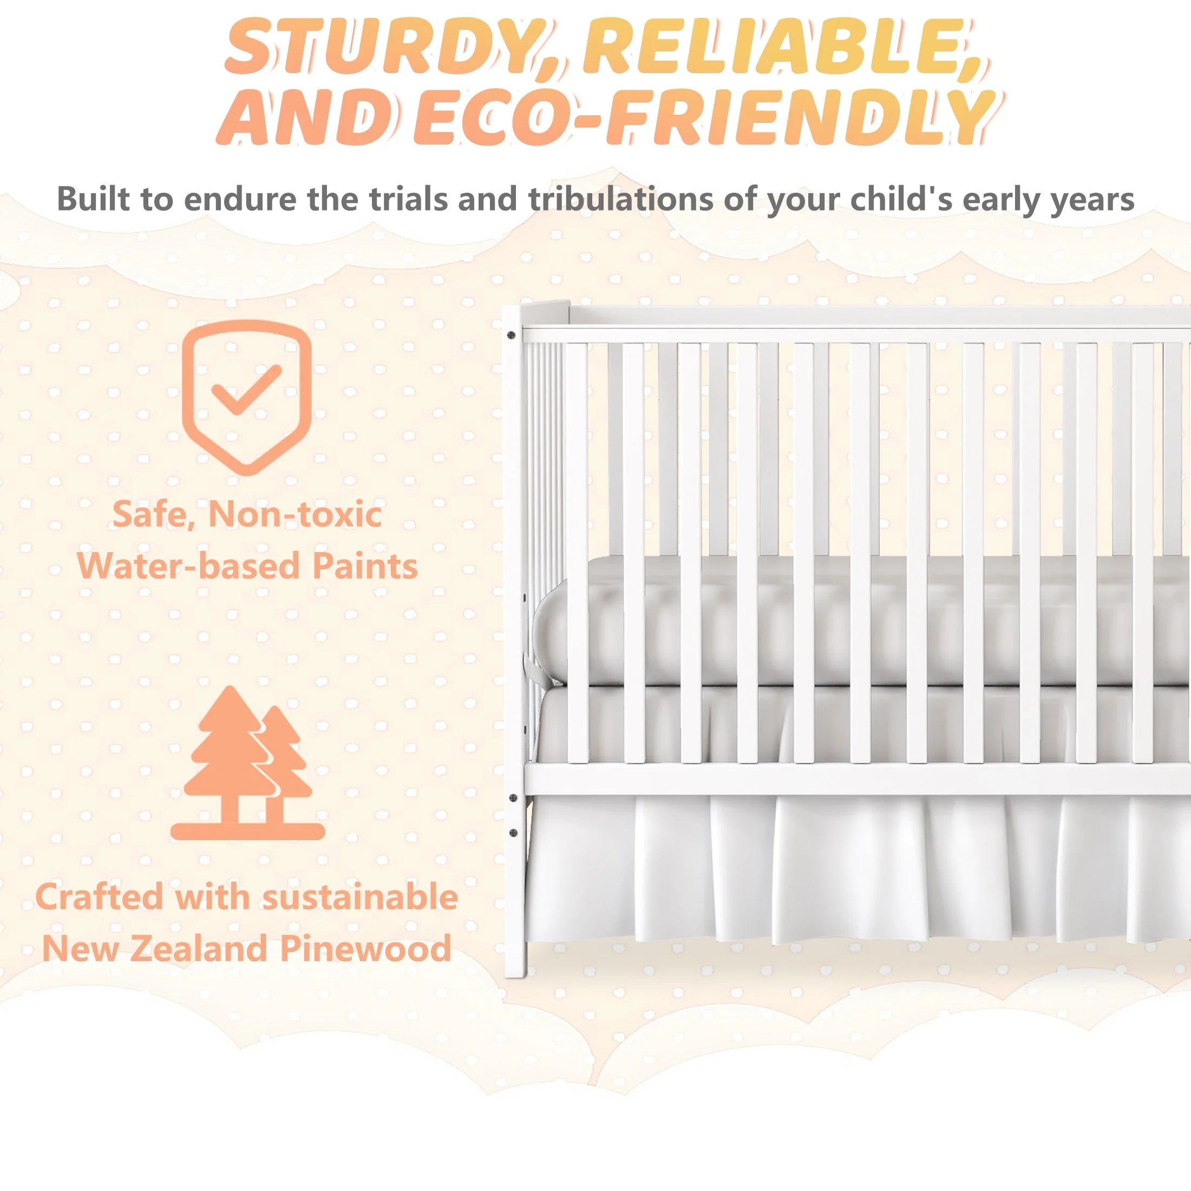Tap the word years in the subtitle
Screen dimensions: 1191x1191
pyautogui.click(x=1091, y=199)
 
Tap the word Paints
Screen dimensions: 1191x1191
pyautogui.click(x=364, y=565)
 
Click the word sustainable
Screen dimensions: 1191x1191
pyautogui.click(x=360, y=897)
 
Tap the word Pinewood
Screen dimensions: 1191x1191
pyautogui.click(x=366, y=948)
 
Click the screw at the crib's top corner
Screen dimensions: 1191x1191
pyautogui.click(x=511, y=335)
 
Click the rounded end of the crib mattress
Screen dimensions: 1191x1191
pyautogui.click(x=546, y=635)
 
